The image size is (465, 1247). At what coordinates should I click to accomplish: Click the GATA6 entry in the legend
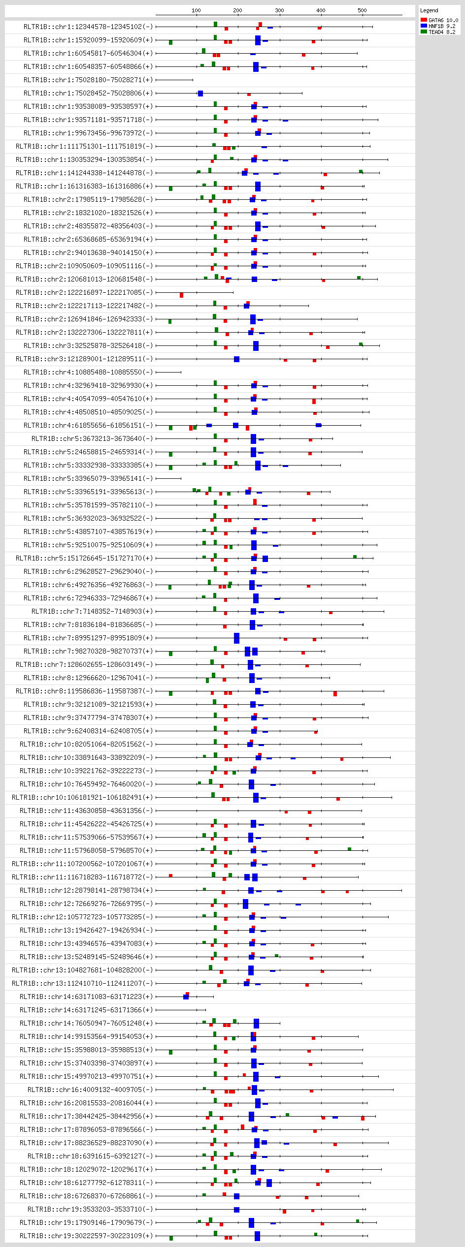click(x=439, y=20)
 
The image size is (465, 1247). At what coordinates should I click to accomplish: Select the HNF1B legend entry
click(x=439, y=26)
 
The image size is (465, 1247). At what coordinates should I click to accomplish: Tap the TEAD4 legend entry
click(x=439, y=32)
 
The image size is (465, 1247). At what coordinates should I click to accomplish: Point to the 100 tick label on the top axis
click(x=196, y=10)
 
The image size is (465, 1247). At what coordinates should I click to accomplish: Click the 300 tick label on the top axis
click(x=279, y=10)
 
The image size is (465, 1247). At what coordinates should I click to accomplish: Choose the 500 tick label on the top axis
click(x=362, y=10)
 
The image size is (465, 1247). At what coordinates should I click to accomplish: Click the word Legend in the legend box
click(x=429, y=10)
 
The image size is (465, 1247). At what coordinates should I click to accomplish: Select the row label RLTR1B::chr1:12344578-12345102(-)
click(x=88, y=27)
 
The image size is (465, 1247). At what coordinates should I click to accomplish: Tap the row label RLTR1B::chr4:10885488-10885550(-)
click(x=88, y=372)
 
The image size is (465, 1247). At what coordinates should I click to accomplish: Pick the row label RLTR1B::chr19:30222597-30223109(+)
click(x=86, y=1236)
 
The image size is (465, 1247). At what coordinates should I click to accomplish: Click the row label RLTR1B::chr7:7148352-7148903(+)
click(x=92, y=611)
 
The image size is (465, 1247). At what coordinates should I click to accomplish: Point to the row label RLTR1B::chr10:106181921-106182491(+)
click(x=82, y=797)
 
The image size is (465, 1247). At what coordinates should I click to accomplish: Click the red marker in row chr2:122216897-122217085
click(x=181, y=295)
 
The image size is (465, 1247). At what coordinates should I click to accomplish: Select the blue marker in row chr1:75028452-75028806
click(x=200, y=94)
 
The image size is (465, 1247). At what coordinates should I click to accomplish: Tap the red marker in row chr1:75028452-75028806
click(x=249, y=94)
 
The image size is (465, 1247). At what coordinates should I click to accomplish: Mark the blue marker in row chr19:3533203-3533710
click(x=236, y=1210)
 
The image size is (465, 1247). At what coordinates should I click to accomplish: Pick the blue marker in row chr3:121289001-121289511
click(x=236, y=359)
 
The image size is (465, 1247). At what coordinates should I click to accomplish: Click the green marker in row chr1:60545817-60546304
click(x=203, y=51)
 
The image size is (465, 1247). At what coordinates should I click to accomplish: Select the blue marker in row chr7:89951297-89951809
click(x=236, y=638)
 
